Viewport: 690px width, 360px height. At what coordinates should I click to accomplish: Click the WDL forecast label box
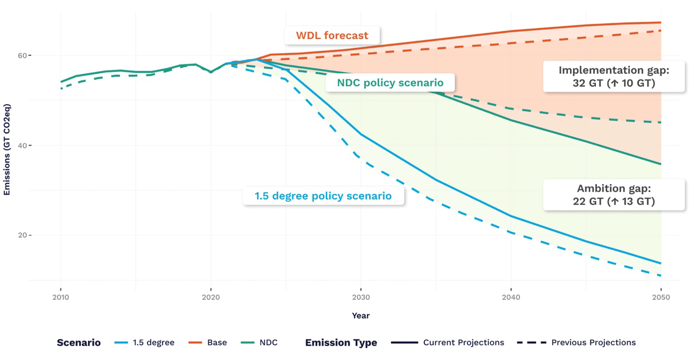coord(332,36)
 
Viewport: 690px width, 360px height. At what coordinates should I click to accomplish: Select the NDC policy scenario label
coord(390,83)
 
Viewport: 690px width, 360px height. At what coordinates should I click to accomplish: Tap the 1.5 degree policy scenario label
coord(323,196)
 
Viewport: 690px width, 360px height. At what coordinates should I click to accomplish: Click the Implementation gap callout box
coord(614,76)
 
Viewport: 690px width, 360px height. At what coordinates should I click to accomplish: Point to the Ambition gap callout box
coord(614,195)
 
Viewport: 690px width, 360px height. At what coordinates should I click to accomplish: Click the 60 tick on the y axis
coord(22,56)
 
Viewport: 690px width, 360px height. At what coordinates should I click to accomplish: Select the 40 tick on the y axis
coord(22,146)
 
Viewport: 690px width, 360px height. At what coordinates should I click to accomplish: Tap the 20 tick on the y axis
coord(22,235)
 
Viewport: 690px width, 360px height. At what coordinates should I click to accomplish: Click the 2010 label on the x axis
coord(61,297)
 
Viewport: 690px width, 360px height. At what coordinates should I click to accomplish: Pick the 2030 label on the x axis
coord(361,297)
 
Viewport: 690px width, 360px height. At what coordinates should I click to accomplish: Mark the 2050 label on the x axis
coord(661,297)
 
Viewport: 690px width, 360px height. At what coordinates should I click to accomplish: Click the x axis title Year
coord(361,315)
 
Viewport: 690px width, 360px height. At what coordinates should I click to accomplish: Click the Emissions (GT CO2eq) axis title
coord(7,149)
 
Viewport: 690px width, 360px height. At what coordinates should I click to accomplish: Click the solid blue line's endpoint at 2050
coord(661,263)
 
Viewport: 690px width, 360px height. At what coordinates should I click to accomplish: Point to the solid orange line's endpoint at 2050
coord(661,22)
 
